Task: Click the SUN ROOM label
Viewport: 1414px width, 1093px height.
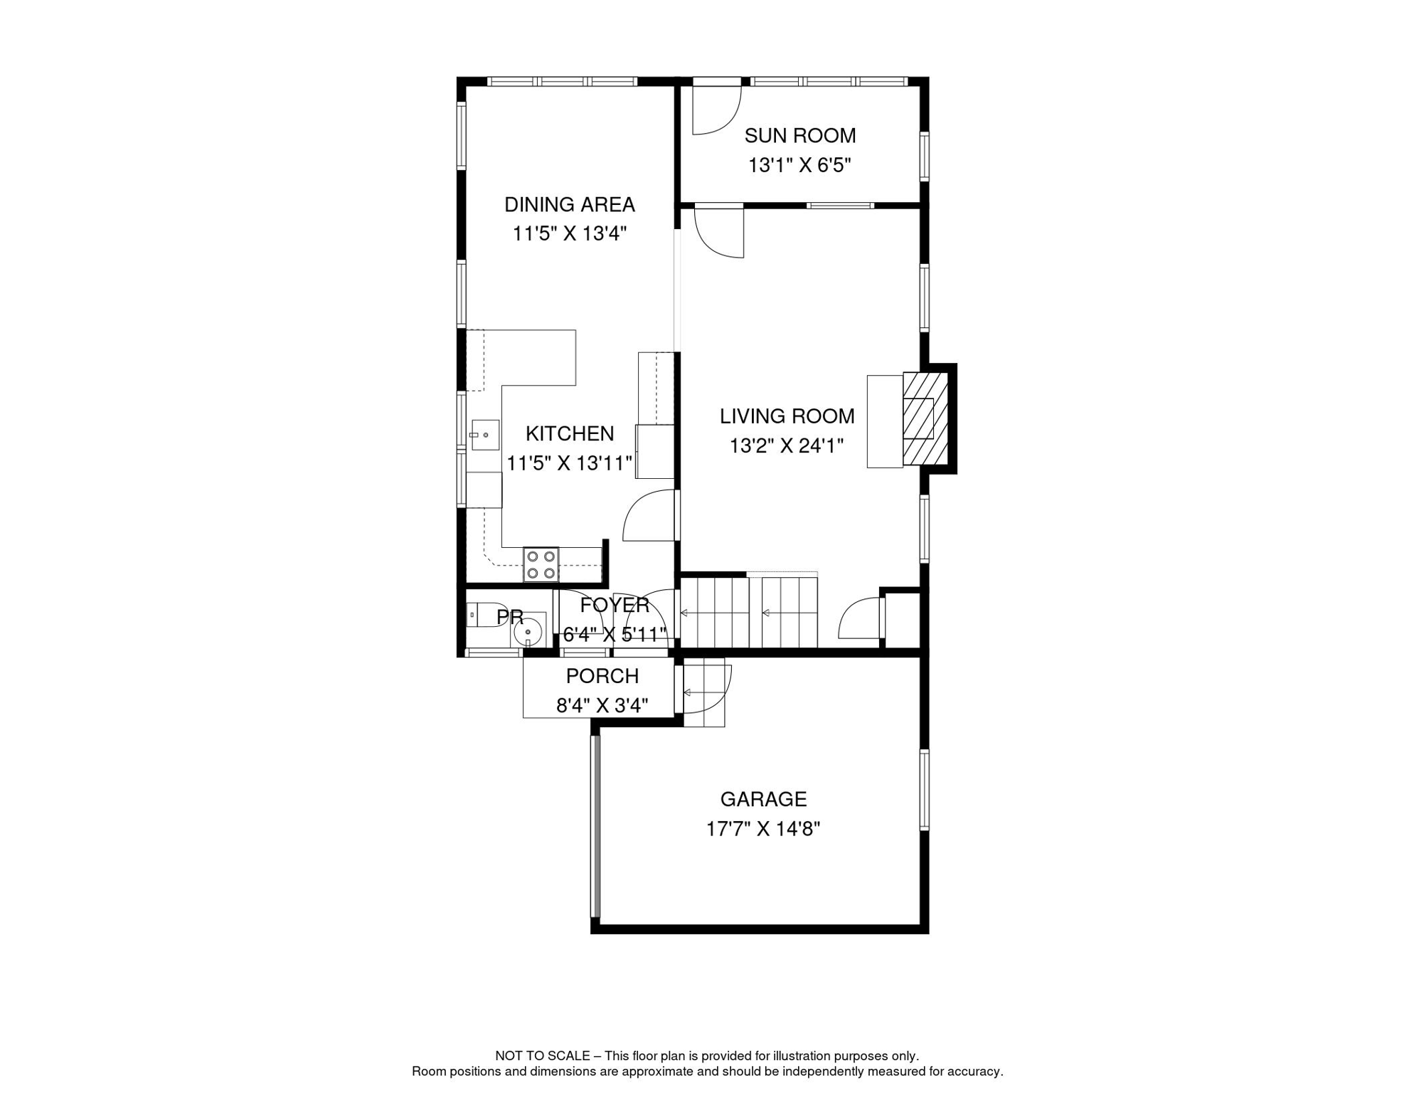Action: point(799,135)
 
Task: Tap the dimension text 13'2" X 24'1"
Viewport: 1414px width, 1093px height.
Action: point(786,446)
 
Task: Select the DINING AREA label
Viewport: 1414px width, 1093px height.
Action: point(569,205)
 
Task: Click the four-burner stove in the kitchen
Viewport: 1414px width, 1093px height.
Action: point(541,564)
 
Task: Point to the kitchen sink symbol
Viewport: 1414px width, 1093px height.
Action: point(485,435)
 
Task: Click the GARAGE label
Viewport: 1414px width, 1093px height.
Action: point(763,799)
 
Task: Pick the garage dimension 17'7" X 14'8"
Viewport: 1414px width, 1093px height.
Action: point(763,829)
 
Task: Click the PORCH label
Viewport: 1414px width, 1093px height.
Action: point(602,676)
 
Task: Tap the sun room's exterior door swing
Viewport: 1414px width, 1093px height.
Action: point(715,110)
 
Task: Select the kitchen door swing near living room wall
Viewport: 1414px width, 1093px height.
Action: point(649,517)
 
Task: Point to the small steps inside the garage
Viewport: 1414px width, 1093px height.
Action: point(704,692)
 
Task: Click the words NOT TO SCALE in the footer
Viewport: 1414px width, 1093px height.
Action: point(542,1056)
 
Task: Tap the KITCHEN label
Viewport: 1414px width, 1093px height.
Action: point(569,433)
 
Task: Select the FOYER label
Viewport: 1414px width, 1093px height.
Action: point(615,606)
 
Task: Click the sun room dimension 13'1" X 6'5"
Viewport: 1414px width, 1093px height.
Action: point(799,166)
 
